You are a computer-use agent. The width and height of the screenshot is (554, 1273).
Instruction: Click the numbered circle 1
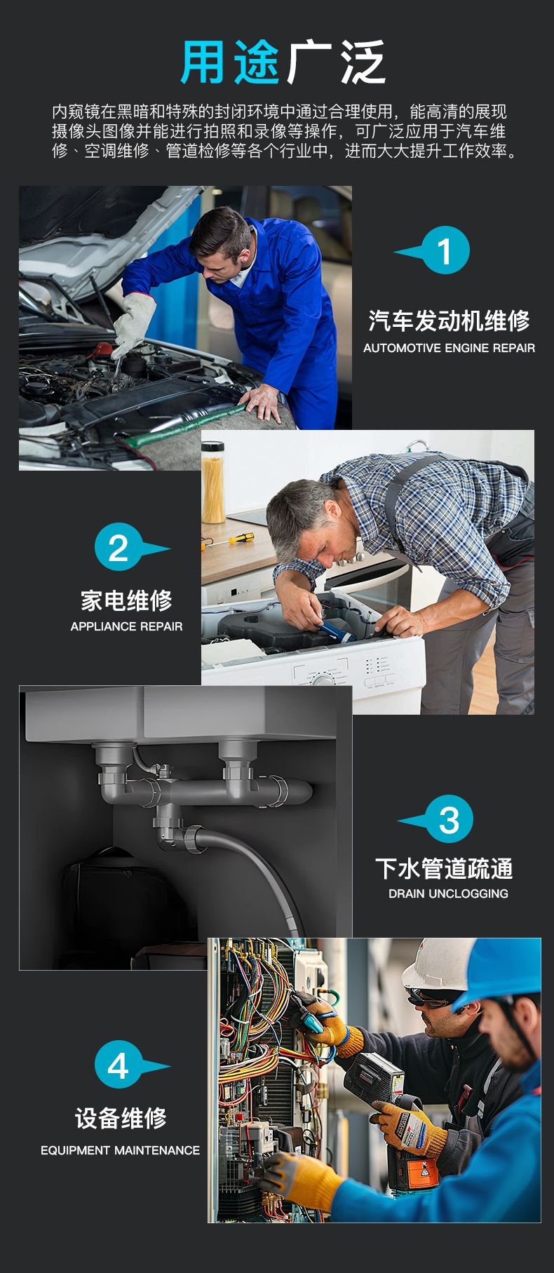pyautogui.click(x=445, y=250)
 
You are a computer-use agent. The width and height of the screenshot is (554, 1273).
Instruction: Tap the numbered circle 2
pyautogui.click(x=119, y=547)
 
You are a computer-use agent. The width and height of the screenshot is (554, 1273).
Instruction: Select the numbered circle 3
pyautogui.click(x=449, y=819)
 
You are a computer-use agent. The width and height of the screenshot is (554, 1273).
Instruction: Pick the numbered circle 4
pyautogui.click(x=119, y=1065)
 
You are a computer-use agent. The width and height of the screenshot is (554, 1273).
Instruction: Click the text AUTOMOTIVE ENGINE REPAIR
pyautogui.click(x=449, y=348)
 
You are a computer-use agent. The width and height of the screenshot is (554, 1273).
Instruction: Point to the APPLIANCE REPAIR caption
pyautogui.click(x=126, y=626)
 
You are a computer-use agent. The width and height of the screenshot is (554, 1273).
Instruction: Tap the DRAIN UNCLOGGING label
pyautogui.click(x=448, y=894)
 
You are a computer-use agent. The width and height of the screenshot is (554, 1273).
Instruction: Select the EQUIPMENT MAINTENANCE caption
pyautogui.click(x=120, y=1150)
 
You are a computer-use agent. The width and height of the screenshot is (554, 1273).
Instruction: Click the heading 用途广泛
pyautogui.click(x=283, y=62)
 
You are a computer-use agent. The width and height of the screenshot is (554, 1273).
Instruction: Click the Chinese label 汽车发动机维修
pyautogui.click(x=449, y=321)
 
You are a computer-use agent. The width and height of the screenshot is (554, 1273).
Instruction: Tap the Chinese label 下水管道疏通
pyautogui.click(x=444, y=868)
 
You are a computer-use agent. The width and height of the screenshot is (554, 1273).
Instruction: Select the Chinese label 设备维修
pyautogui.click(x=121, y=1118)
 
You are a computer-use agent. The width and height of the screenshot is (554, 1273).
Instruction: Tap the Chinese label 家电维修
pyautogui.click(x=126, y=600)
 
